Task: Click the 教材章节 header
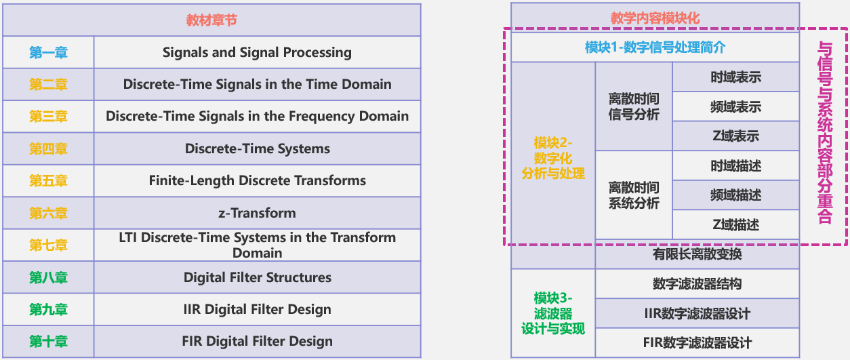coord(211,20)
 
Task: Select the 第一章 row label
coord(48,52)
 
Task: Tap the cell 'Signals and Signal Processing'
coord(257,52)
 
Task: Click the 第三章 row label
coord(48,116)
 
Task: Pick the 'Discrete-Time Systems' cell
coord(257,148)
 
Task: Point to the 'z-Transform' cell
coord(257,213)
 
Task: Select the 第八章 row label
coord(48,277)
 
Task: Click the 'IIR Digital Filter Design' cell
coord(257,309)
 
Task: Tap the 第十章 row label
coord(48,342)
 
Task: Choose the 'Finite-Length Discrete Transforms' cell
coord(257,180)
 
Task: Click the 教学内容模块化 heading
coord(655,18)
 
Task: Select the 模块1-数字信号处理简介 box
coord(655,47)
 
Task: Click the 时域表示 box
coord(735,77)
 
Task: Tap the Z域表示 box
coord(735,136)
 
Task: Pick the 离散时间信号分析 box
coord(634,106)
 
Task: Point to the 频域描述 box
coord(735,195)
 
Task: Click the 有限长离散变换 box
coord(697,254)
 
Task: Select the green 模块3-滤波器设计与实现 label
coord(553,313)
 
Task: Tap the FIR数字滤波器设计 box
coord(697,342)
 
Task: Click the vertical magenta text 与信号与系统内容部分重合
coord(825,132)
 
